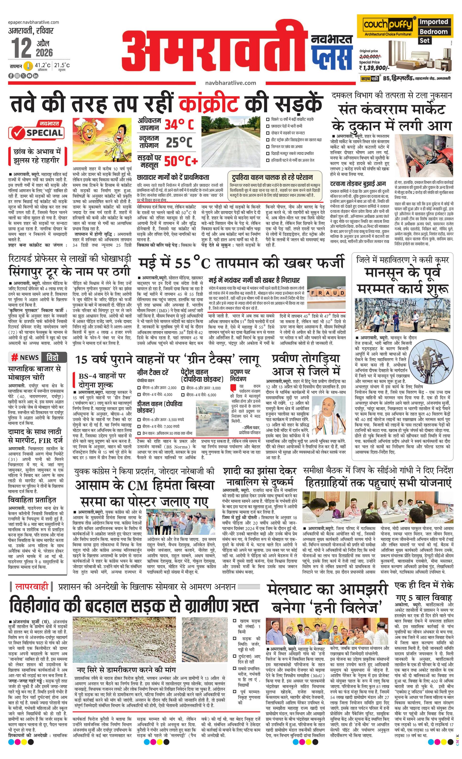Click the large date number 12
22,47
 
